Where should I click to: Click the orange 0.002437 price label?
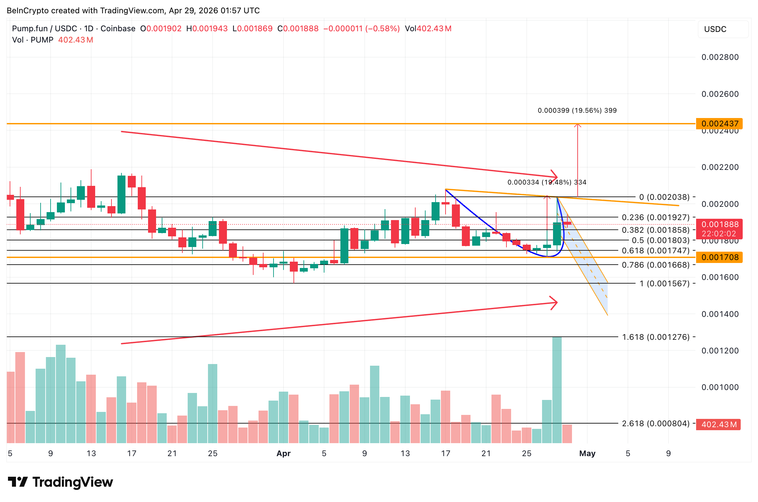coord(719,124)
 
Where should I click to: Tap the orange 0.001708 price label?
coord(719,257)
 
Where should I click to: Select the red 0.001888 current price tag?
coord(719,225)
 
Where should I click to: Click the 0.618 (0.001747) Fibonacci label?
coord(656,251)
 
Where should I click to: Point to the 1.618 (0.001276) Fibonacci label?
coord(656,337)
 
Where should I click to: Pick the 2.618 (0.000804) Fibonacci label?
coord(656,424)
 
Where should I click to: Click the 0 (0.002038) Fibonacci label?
coord(664,197)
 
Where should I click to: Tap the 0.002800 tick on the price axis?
coord(720,57)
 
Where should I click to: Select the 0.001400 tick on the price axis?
coord(720,314)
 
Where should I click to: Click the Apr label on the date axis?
coord(284,453)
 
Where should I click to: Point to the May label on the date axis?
coord(587,453)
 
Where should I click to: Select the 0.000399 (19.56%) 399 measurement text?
coord(577,110)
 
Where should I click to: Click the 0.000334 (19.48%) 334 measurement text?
coord(547,182)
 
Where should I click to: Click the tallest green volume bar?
coord(557,389)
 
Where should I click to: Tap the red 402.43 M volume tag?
coord(718,425)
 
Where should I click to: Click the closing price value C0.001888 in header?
coord(298,29)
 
